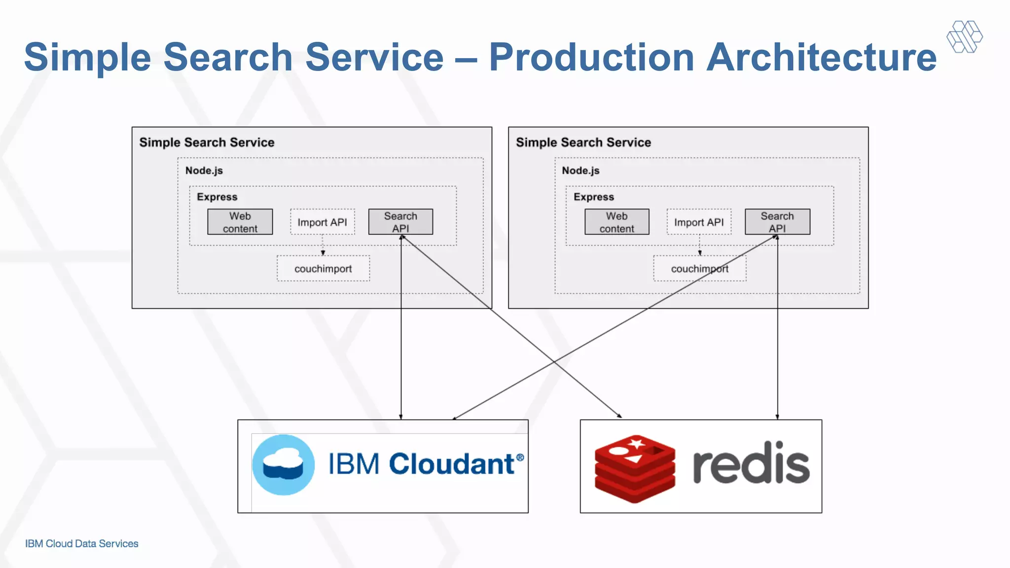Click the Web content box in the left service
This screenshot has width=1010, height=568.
[240, 222]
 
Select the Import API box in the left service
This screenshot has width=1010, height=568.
[322, 222]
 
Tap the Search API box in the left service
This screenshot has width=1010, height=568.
[400, 222]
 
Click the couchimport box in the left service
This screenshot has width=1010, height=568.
[323, 269]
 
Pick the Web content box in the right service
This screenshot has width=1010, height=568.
[616, 222]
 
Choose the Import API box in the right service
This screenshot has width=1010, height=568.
[699, 222]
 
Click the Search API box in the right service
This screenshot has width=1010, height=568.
[777, 222]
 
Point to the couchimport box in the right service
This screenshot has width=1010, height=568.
[699, 269]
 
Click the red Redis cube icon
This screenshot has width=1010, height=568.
[635, 469]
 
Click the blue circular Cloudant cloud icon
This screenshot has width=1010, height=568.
[283, 465]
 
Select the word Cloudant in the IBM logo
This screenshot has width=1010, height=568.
[451, 464]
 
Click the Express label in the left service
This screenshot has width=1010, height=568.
[217, 197]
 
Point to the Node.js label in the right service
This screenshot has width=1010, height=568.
[580, 171]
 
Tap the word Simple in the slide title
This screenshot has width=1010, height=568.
[87, 57]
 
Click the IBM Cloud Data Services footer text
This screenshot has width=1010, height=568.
[82, 543]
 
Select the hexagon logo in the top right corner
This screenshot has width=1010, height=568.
[964, 36]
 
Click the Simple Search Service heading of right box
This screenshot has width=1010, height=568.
[583, 142]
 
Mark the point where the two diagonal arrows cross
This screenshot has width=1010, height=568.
[554, 362]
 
